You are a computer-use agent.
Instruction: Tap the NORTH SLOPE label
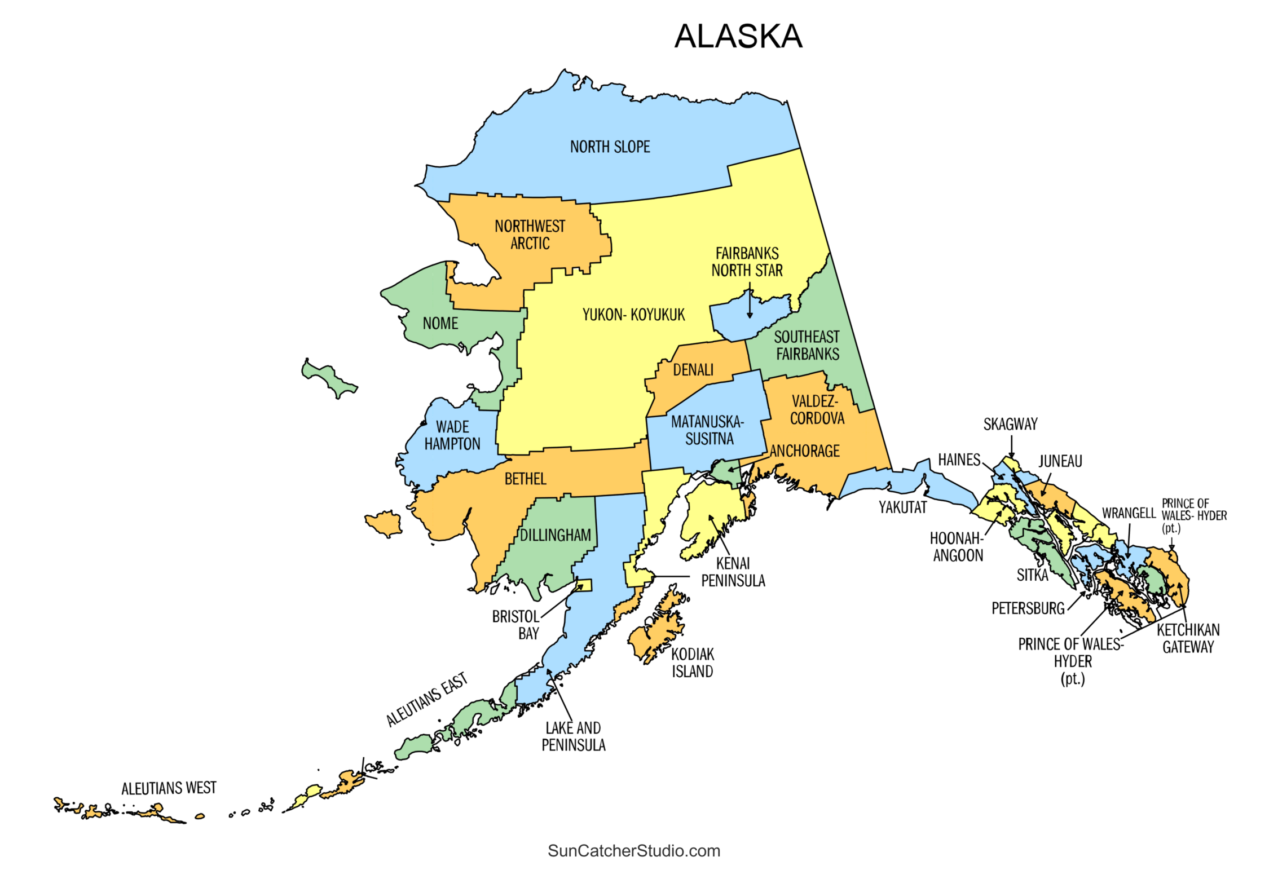[x=609, y=147]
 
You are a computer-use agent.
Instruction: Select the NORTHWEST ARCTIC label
[x=529, y=235]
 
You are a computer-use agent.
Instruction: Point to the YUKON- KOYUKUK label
[x=633, y=315]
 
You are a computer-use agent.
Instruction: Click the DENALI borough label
[x=693, y=370]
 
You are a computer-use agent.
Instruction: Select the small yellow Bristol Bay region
[x=584, y=585]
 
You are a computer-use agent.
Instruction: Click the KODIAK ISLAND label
[x=692, y=663]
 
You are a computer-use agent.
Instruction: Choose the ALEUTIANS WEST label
[x=169, y=788]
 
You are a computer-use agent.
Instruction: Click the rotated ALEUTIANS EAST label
[x=427, y=699]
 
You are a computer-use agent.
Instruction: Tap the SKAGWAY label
[x=1010, y=424]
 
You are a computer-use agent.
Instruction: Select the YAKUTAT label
[x=902, y=507]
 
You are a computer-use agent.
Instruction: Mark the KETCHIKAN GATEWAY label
[x=1188, y=638]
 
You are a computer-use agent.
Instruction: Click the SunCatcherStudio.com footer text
[x=633, y=850]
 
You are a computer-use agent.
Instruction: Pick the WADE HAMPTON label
[x=452, y=435]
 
